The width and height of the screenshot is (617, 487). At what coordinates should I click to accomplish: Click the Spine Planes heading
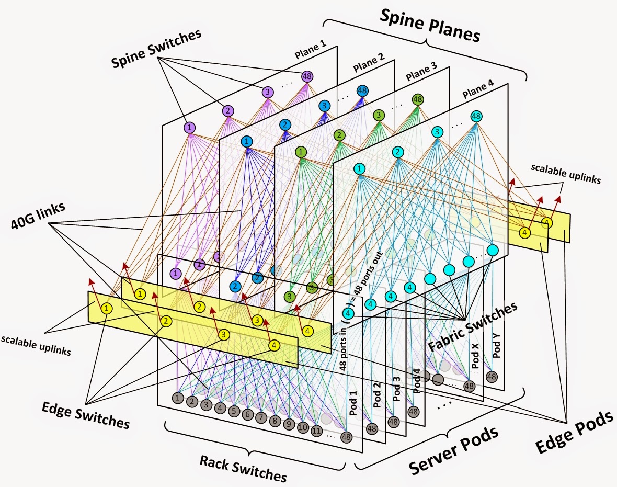point(430,26)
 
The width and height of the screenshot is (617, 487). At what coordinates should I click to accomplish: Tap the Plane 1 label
point(311,50)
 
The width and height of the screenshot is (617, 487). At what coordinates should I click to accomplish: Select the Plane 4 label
point(478,89)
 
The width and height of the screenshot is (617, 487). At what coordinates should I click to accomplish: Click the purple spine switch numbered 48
point(307,76)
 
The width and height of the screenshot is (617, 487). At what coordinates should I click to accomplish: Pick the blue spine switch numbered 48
point(362,91)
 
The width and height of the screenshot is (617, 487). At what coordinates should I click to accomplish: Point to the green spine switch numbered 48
point(418,99)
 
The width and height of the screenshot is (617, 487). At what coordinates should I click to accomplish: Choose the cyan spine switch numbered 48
point(476,116)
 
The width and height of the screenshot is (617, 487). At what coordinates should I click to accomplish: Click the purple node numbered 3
point(268,93)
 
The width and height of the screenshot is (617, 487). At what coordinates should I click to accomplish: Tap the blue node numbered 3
point(324,106)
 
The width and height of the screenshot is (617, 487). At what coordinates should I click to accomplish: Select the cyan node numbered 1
point(359,169)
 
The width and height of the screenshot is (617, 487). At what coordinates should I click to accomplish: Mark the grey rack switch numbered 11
point(317,431)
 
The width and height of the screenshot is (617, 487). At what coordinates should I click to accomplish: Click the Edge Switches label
point(86,416)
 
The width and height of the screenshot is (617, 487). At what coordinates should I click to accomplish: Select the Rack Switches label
point(243,468)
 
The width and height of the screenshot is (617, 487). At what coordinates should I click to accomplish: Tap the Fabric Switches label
point(473,326)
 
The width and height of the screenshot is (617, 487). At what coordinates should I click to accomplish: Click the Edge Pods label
point(574,432)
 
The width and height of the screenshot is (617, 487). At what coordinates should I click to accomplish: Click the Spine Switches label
point(156,48)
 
